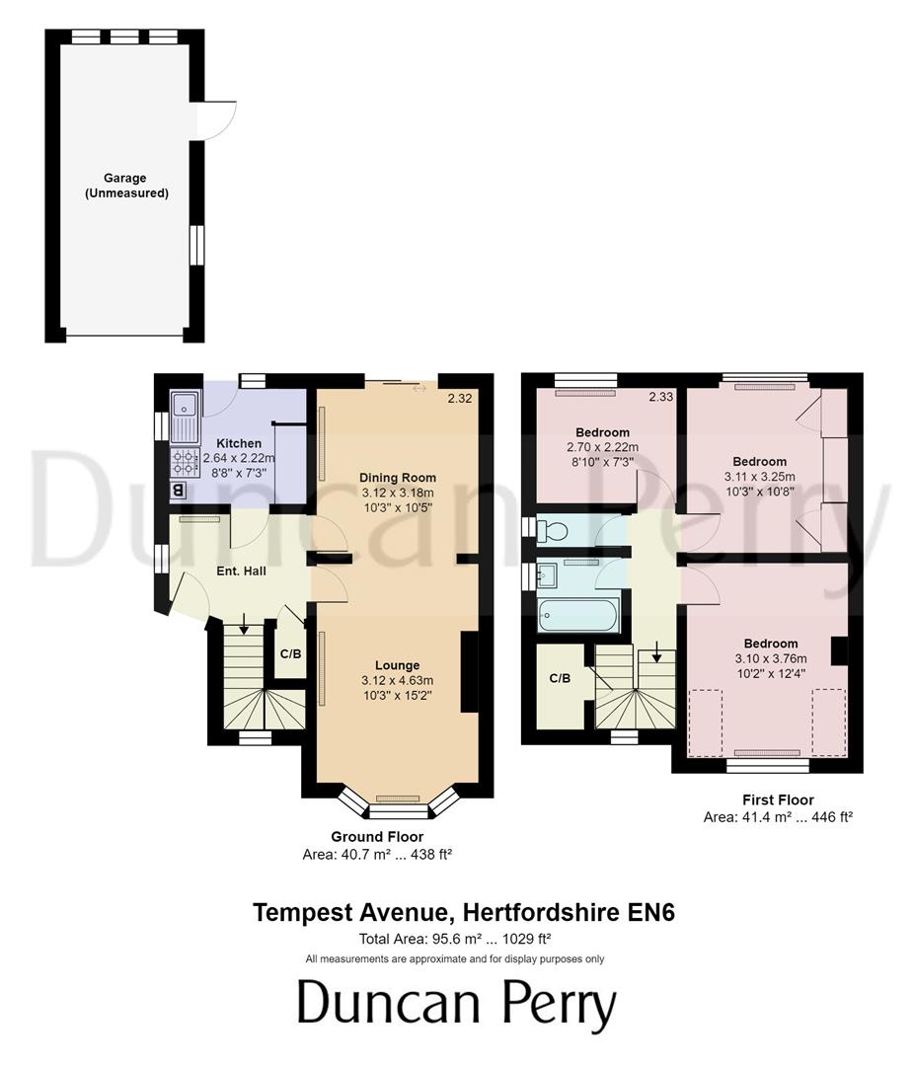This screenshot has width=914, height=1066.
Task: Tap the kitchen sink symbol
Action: pos(185,417)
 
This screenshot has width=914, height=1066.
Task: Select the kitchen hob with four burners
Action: pos(185,462)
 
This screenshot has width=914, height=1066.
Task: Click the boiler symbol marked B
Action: pos(179,490)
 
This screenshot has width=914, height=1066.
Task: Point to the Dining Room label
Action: pos(398,478)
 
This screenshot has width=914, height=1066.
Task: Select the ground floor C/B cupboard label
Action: pos(290,653)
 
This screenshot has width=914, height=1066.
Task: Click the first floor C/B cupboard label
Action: pos(560,678)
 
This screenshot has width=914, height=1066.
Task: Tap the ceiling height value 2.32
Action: pos(460,399)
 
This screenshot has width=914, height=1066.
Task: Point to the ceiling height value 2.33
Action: pos(661,398)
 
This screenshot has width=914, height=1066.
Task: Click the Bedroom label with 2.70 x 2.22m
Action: pos(602,432)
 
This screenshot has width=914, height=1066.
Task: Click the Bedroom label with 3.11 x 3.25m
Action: pos(759,461)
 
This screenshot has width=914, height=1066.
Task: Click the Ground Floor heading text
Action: pos(377,836)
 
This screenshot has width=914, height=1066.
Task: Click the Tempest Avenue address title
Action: pos(463,912)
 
